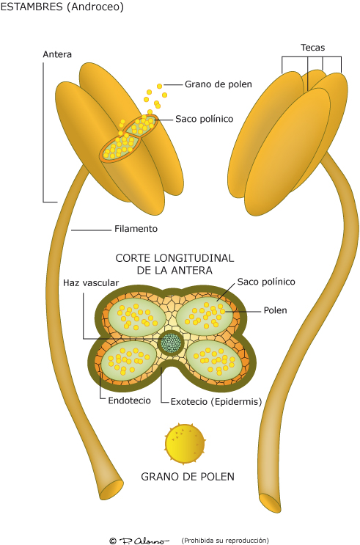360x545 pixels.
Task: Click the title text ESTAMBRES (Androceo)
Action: tap(62, 7)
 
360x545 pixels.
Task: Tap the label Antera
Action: tap(57, 54)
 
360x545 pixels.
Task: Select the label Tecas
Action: tap(312, 48)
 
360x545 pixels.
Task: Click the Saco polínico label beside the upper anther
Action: tap(204, 118)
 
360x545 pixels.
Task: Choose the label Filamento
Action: tap(136, 228)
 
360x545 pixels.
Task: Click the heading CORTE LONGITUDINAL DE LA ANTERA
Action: tap(175, 264)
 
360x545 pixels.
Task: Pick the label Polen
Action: tap(276, 310)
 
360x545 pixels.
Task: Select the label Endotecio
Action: tap(129, 400)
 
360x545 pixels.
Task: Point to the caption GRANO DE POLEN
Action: tap(188, 477)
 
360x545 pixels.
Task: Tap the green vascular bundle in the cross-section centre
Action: tap(172, 342)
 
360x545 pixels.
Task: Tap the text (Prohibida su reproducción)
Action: tap(225, 540)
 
